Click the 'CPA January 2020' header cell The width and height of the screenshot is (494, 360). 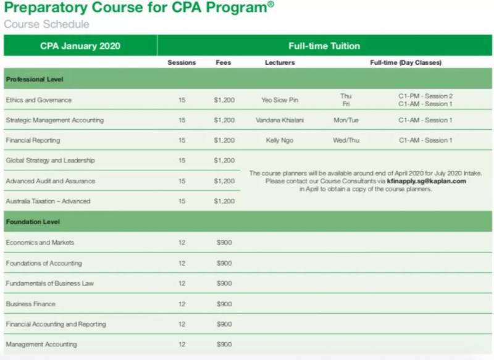tap(80, 46)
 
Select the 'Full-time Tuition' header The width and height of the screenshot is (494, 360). tap(324, 46)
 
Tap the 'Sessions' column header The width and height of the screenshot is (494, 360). tap(182, 62)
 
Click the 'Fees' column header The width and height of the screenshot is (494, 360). tap(224, 62)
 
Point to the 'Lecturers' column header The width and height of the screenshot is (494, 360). tap(280, 62)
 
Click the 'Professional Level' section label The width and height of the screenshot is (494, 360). tap(35, 80)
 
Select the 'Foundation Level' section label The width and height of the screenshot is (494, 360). tap(33, 222)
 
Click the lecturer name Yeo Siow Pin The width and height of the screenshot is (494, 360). tap(280, 100)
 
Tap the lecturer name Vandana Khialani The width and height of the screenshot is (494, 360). tap(280, 120)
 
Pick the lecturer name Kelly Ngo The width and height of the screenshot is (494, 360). tap(280, 141)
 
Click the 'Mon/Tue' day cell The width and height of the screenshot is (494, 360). tap(346, 120)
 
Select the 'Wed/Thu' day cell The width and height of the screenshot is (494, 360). tap(346, 141)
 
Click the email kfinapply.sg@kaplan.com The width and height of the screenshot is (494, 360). tap(426, 182)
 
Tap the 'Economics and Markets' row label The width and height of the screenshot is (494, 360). tap(40, 243)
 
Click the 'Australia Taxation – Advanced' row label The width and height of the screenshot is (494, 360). tap(48, 201)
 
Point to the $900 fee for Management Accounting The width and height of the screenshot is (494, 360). tap(224, 345)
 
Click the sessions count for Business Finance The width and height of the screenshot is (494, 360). tap(182, 304)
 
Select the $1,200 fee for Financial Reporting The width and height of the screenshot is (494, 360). tap(224, 141)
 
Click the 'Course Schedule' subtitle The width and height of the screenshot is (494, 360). tap(46, 25)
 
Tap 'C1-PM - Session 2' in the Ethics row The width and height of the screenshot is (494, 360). tap(425, 96)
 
